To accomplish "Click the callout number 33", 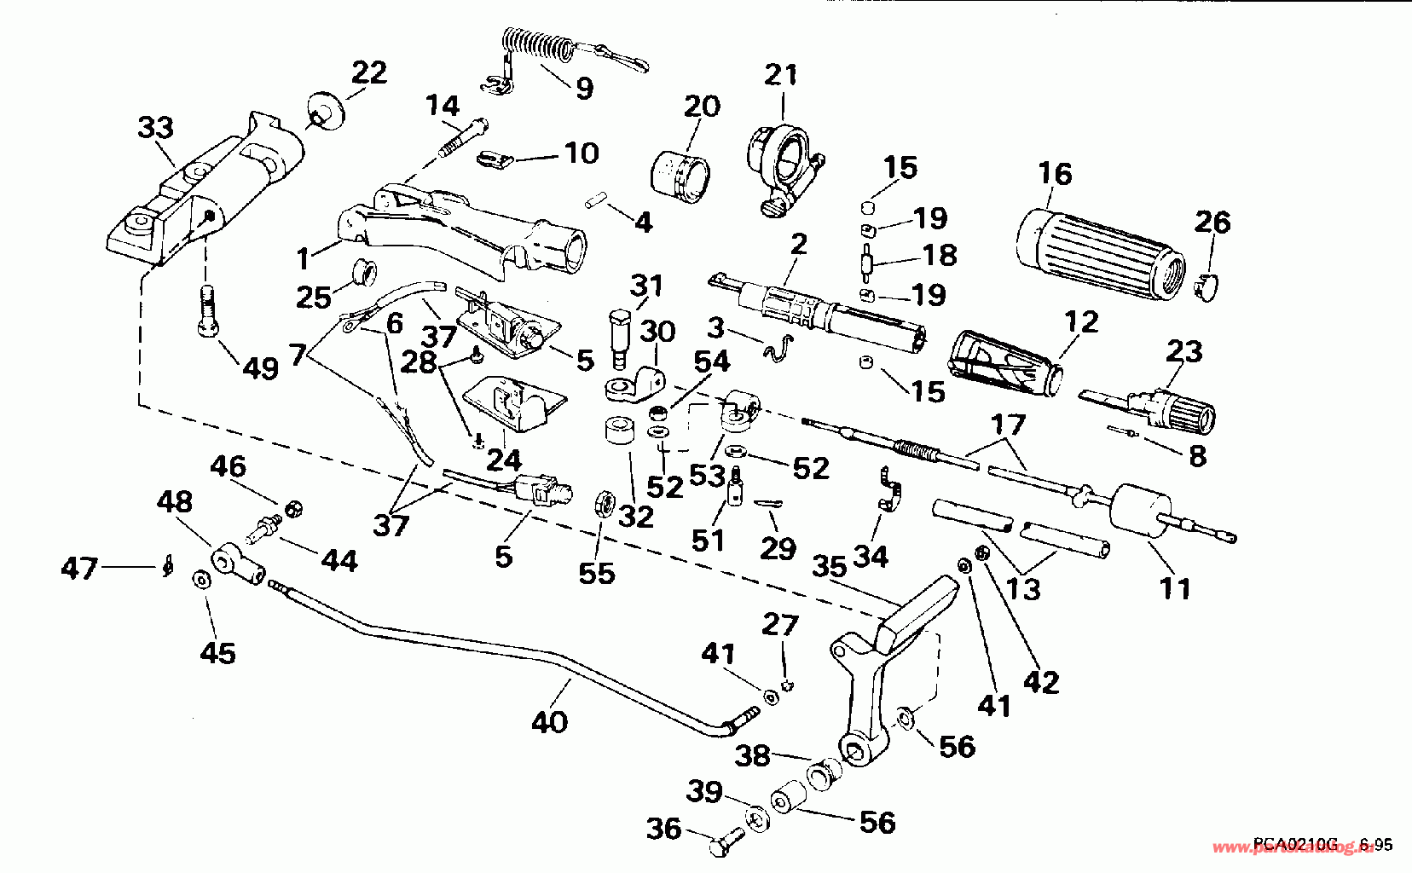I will pyautogui.click(x=155, y=128).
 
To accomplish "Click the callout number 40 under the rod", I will pyautogui.click(x=549, y=722).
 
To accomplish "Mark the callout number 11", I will pyautogui.click(x=1174, y=587).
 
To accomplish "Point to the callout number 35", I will pyautogui.click(x=831, y=566).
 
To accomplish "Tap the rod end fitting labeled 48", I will pyautogui.click(x=236, y=564).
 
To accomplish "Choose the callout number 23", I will pyautogui.click(x=1183, y=350).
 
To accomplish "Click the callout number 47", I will pyautogui.click(x=79, y=568).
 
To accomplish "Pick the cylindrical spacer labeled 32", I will pyautogui.click(x=619, y=431).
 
